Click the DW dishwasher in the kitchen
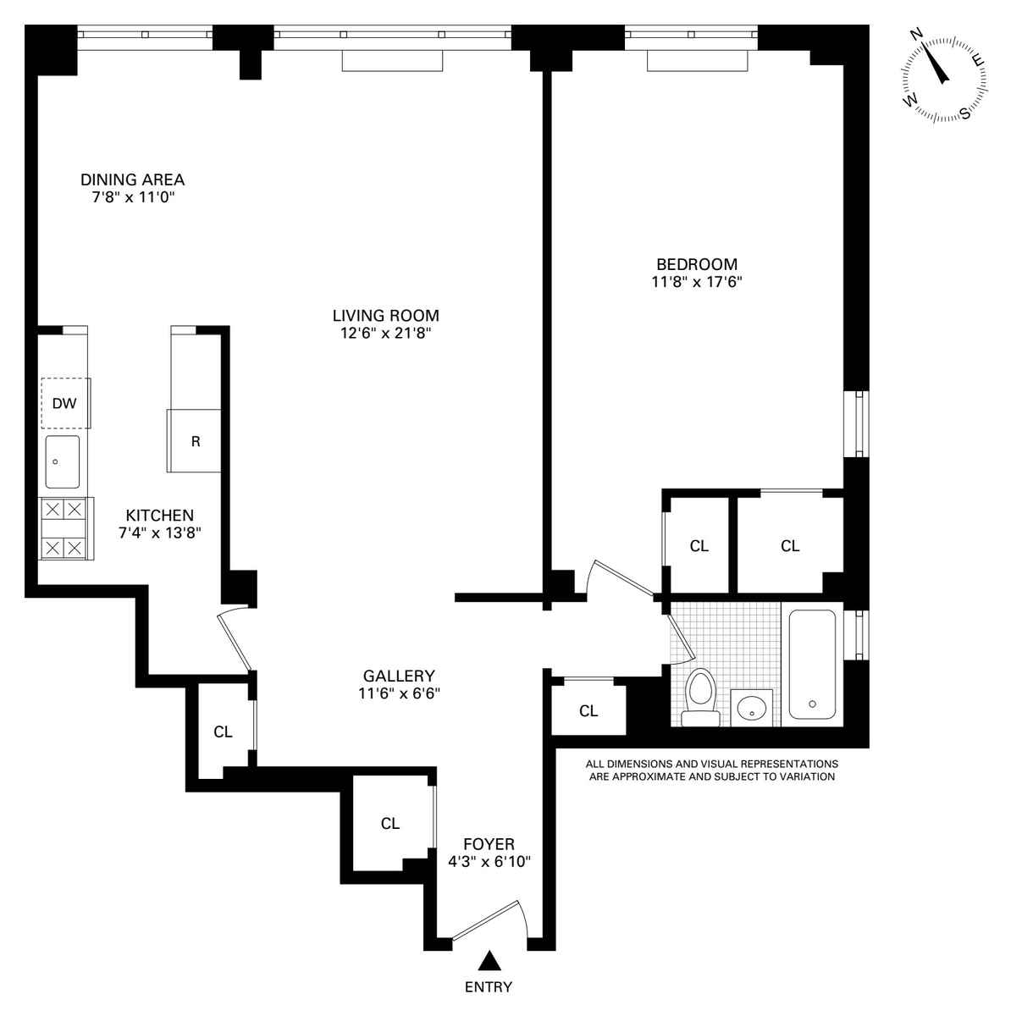coord(65,403)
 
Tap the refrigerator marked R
coord(194,441)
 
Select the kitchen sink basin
coord(62,462)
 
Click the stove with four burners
coord(66,528)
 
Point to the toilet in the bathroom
coord(700,698)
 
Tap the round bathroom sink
coord(752,708)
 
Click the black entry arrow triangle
coord(489,975)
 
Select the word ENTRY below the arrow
coord(489,1002)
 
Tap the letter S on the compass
coord(965,113)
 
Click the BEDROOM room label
coord(697,263)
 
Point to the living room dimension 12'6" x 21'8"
coord(386,333)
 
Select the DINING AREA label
coord(132,179)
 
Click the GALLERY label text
coord(399,676)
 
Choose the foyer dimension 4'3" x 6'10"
coord(489,861)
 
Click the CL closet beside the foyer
coord(390,823)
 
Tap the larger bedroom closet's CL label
coord(790,546)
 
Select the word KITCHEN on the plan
coord(160,515)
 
